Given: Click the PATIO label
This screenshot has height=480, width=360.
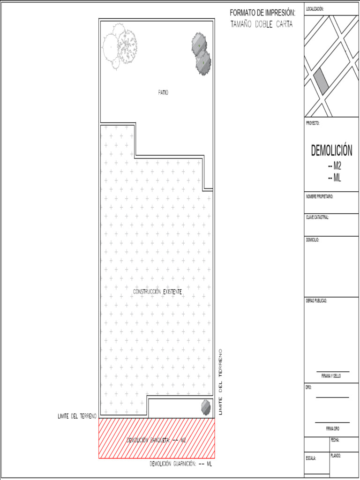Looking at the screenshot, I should tap(163, 92).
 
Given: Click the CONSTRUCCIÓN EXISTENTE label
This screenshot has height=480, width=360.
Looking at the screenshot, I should tap(157, 292).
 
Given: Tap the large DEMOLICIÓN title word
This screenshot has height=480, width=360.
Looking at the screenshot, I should tap(331, 151).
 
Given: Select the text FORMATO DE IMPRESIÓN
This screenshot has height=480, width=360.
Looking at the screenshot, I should tap(262, 13).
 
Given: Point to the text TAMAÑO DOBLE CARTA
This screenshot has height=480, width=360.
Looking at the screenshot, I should tap(262, 24).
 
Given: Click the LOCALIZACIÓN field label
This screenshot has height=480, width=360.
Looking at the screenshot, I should tap(315, 9).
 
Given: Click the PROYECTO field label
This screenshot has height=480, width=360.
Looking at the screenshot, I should tap(313, 123).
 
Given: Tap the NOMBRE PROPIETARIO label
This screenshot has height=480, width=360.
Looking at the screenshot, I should tap(320, 196).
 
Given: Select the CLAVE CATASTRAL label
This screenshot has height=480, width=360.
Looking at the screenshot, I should tap(317, 217).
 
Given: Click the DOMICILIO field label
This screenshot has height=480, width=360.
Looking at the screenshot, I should tap(313, 240).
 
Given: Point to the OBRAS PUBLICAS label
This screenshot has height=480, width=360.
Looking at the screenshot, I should tap(316, 300).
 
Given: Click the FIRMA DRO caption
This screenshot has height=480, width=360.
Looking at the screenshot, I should tap(333, 428).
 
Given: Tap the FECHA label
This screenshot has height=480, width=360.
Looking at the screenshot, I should tap(335, 440).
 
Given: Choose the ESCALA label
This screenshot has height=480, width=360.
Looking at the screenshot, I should tap(311, 458).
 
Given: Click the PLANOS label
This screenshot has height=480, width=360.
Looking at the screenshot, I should tap(336, 456).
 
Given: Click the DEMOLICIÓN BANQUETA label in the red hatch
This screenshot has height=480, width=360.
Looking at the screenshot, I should tap(157, 440).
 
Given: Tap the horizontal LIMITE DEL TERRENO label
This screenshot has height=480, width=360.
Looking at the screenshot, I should tap(77, 416).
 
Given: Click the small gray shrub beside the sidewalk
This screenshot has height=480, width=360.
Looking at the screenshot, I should tap(206, 407).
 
